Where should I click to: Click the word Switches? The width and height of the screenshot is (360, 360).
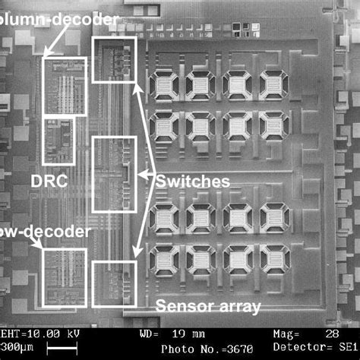coord(193,182)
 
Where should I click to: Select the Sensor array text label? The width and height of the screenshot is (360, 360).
coord(208,307)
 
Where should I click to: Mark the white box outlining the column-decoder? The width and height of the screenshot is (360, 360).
coord(65,87)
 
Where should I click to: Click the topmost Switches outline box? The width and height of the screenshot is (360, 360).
coord(114,60)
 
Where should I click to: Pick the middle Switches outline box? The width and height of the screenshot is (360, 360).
coord(114,175)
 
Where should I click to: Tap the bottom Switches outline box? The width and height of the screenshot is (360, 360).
coord(114,284)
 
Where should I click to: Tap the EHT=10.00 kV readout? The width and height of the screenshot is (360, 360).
coord(43,334)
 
